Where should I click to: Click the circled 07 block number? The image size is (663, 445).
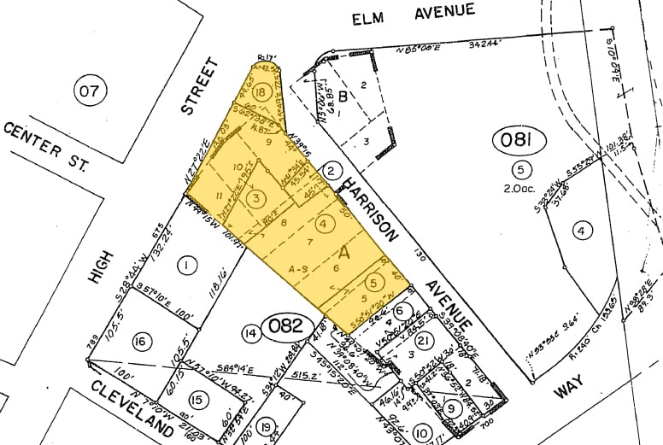(x=88, y=90)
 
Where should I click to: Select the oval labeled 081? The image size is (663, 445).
(x=517, y=140)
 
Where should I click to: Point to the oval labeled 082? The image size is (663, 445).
(x=285, y=325)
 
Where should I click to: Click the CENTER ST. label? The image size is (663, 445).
(x=47, y=144)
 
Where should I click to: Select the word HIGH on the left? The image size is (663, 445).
(x=96, y=267)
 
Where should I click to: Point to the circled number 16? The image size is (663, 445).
(x=141, y=342)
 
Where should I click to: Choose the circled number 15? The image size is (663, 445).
(x=197, y=400)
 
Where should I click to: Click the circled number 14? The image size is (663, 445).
(x=250, y=332)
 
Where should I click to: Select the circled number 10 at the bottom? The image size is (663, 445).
(x=421, y=434)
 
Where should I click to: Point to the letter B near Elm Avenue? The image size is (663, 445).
(x=343, y=96)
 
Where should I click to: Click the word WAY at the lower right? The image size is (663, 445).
(x=567, y=389)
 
